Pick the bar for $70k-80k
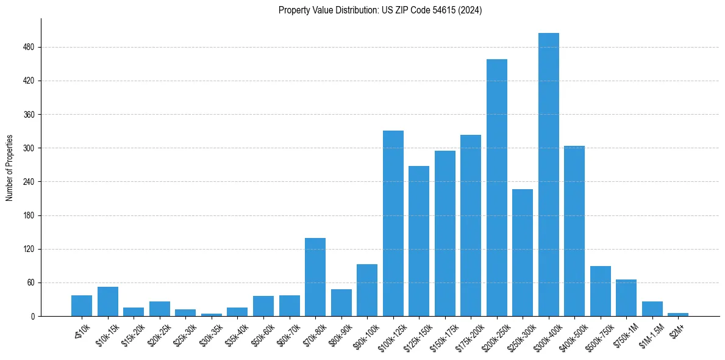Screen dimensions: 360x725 [x=315, y=277]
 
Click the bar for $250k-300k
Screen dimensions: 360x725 [x=523, y=253]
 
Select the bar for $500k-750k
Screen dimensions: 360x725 [x=600, y=291]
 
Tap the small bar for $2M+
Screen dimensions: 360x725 [x=678, y=314]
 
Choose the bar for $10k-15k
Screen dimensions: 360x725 [x=107, y=301]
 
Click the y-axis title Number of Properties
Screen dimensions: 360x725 [x=9, y=168]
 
